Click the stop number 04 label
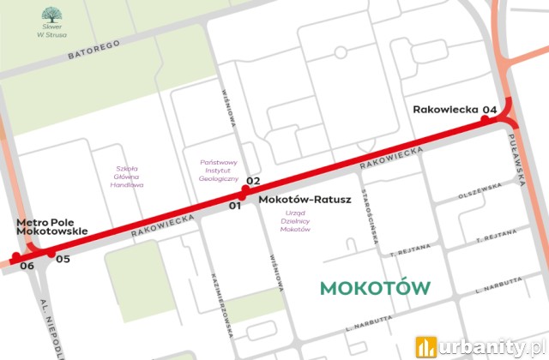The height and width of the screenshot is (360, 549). (x=490, y=109)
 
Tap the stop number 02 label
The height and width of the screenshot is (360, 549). (x=252, y=180)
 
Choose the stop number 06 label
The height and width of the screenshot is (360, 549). (x=27, y=267)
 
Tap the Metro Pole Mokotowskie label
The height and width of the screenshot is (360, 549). (x=52, y=226)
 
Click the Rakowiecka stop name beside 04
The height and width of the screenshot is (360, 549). (x=444, y=109)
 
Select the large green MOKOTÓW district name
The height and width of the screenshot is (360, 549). (x=376, y=288)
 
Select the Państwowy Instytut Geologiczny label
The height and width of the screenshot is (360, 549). (x=219, y=170)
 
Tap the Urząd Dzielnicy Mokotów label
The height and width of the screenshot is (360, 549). (x=295, y=219)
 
